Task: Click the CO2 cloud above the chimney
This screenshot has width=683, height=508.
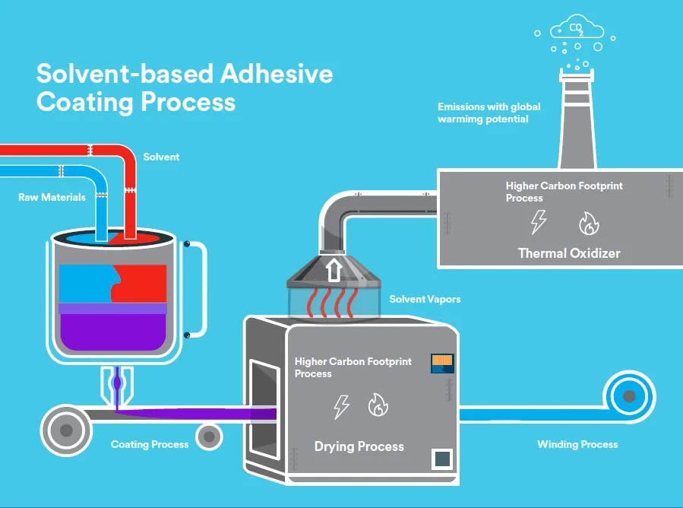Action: pyautogui.click(x=578, y=30)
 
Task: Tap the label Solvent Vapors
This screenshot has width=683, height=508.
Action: pyautogui.click(x=425, y=300)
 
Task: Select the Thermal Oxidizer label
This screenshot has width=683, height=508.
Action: pyautogui.click(x=568, y=253)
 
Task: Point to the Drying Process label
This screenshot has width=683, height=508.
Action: pyautogui.click(x=359, y=446)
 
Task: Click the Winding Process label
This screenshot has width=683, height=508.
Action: pyautogui.click(x=577, y=444)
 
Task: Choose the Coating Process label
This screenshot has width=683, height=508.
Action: pyautogui.click(x=150, y=444)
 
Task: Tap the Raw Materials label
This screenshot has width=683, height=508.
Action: pyautogui.click(x=52, y=198)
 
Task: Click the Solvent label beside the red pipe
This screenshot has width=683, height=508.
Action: pyautogui.click(x=161, y=157)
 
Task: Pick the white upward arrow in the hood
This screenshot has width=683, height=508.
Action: pyautogui.click(x=331, y=270)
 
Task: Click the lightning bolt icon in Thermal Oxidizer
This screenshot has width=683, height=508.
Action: pyautogui.click(x=538, y=222)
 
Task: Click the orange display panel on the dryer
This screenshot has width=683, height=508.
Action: pyautogui.click(x=441, y=363)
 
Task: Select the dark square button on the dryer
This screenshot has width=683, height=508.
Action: pyautogui.click(x=441, y=459)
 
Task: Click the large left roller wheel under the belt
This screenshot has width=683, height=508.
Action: pyautogui.click(x=66, y=430)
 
